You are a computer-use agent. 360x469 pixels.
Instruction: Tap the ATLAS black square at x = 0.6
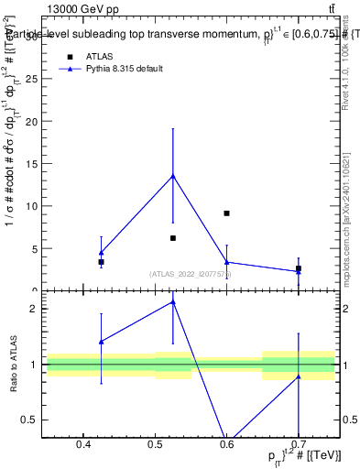coord(226,213)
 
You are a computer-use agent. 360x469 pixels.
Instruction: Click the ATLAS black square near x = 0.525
coord(173,238)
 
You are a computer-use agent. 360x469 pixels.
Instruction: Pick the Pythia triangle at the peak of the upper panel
coord(173,176)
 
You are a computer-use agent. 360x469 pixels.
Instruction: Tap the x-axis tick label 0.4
coord(83,446)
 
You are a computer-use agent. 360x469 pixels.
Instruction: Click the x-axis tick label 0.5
coord(155,446)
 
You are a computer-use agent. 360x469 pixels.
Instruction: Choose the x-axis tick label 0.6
coord(226,446)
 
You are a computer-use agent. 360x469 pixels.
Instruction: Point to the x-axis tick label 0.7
coord(298,446)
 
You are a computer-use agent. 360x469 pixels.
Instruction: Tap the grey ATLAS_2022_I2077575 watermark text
coord(191,274)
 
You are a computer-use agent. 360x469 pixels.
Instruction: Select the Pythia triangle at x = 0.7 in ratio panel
coord(298,376)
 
